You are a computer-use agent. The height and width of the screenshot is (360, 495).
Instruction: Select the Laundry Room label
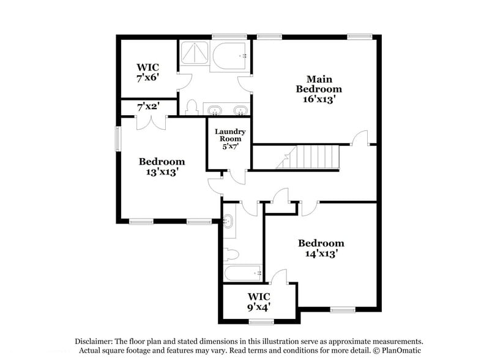229,135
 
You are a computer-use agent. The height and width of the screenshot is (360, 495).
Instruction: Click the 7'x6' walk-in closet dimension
149,78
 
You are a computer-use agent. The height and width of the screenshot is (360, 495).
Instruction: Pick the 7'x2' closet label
149,107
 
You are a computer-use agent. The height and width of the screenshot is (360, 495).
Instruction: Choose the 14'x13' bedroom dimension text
321,253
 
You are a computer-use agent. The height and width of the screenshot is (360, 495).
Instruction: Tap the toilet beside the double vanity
191,108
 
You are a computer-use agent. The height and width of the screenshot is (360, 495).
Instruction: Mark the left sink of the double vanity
214,110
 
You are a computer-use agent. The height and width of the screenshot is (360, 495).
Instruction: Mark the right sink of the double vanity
240,110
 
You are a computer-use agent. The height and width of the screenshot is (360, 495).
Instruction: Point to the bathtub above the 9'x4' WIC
243,272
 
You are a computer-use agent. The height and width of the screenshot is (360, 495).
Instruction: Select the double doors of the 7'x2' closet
151,122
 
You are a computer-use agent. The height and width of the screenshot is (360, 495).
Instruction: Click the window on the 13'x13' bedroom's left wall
119,138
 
